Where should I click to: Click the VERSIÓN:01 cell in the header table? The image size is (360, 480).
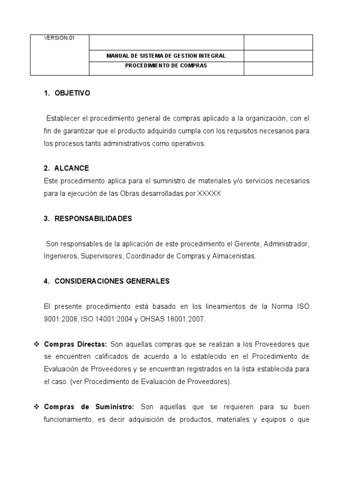[60, 39]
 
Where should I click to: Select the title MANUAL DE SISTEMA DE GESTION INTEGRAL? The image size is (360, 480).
[166, 56]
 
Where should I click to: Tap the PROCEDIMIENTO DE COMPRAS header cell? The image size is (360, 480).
[166, 66]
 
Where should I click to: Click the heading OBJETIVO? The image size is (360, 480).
[72, 93]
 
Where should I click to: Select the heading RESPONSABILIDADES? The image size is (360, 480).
[93, 218]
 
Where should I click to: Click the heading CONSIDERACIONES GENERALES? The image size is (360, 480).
[112, 281]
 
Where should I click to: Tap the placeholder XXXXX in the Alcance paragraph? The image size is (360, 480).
[209, 193]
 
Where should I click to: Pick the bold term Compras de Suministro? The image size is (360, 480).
[89, 406]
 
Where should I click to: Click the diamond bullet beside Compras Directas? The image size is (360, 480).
[36, 344]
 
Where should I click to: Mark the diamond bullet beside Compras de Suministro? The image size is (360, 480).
[36, 406]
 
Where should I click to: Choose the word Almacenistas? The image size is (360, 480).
[234, 256]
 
